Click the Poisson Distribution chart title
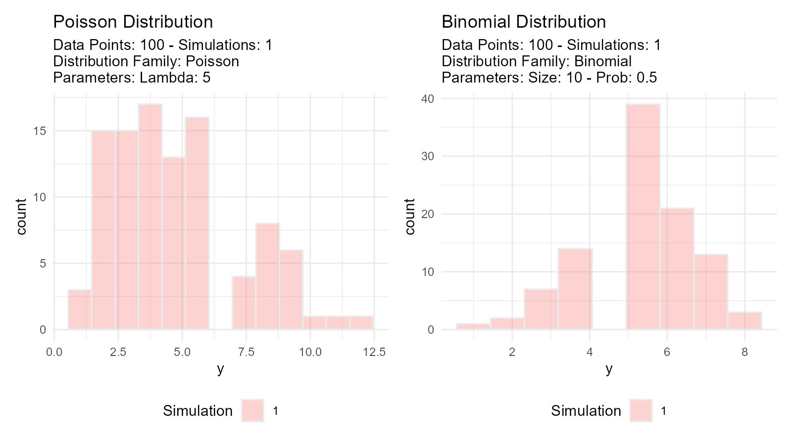pyautogui.click(x=133, y=22)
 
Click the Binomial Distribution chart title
pyautogui.click(x=523, y=22)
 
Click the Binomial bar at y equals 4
pyautogui.click(x=575, y=289)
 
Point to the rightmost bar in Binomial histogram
pyautogui.click(x=744, y=320)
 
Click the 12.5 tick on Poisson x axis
pyautogui.click(x=374, y=352)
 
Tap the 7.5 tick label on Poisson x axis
pyautogui.click(x=246, y=352)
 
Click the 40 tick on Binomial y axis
pyautogui.click(x=428, y=99)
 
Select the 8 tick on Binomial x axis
pyautogui.click(x=744, y=352)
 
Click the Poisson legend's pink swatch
pyautogui.click(x=252, y=410)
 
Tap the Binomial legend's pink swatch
pyautogui.click(x=641, y=410)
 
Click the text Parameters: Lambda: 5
pyautogui.click(x=132, y=78)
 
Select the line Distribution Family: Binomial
pyautogui.click(x=536, y=61)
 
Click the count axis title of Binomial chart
pyautogui.click(x=410, y=216)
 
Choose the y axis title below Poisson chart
pyautogui.click(x=220, y=369)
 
